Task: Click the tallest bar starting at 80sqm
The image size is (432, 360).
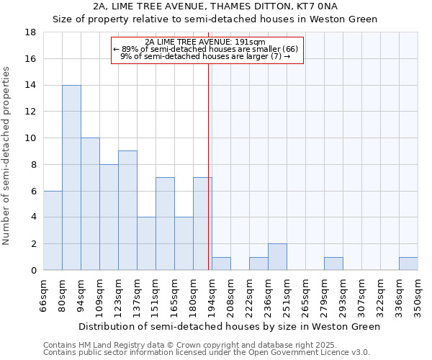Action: pos(71,178)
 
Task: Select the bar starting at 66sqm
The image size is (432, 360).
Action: pos(53,230)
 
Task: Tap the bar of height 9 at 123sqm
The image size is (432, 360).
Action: pos(127,210)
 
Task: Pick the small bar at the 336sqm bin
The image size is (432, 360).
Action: pos(408,264)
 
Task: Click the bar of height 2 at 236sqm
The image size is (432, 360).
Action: pos(277,257)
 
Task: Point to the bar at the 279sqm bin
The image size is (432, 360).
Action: pos(333,264)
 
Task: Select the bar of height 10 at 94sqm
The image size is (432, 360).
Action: pos(90,204)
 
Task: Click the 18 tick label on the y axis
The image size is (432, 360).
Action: pos(30,32)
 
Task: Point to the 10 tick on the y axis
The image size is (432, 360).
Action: pos(30,138)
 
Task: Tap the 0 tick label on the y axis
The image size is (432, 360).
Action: pos(33,271)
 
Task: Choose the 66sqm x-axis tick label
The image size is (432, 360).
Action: pos(43,295)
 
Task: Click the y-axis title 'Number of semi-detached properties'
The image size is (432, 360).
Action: pos(7,156)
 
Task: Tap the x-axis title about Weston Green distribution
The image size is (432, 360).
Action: pos(229,326)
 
